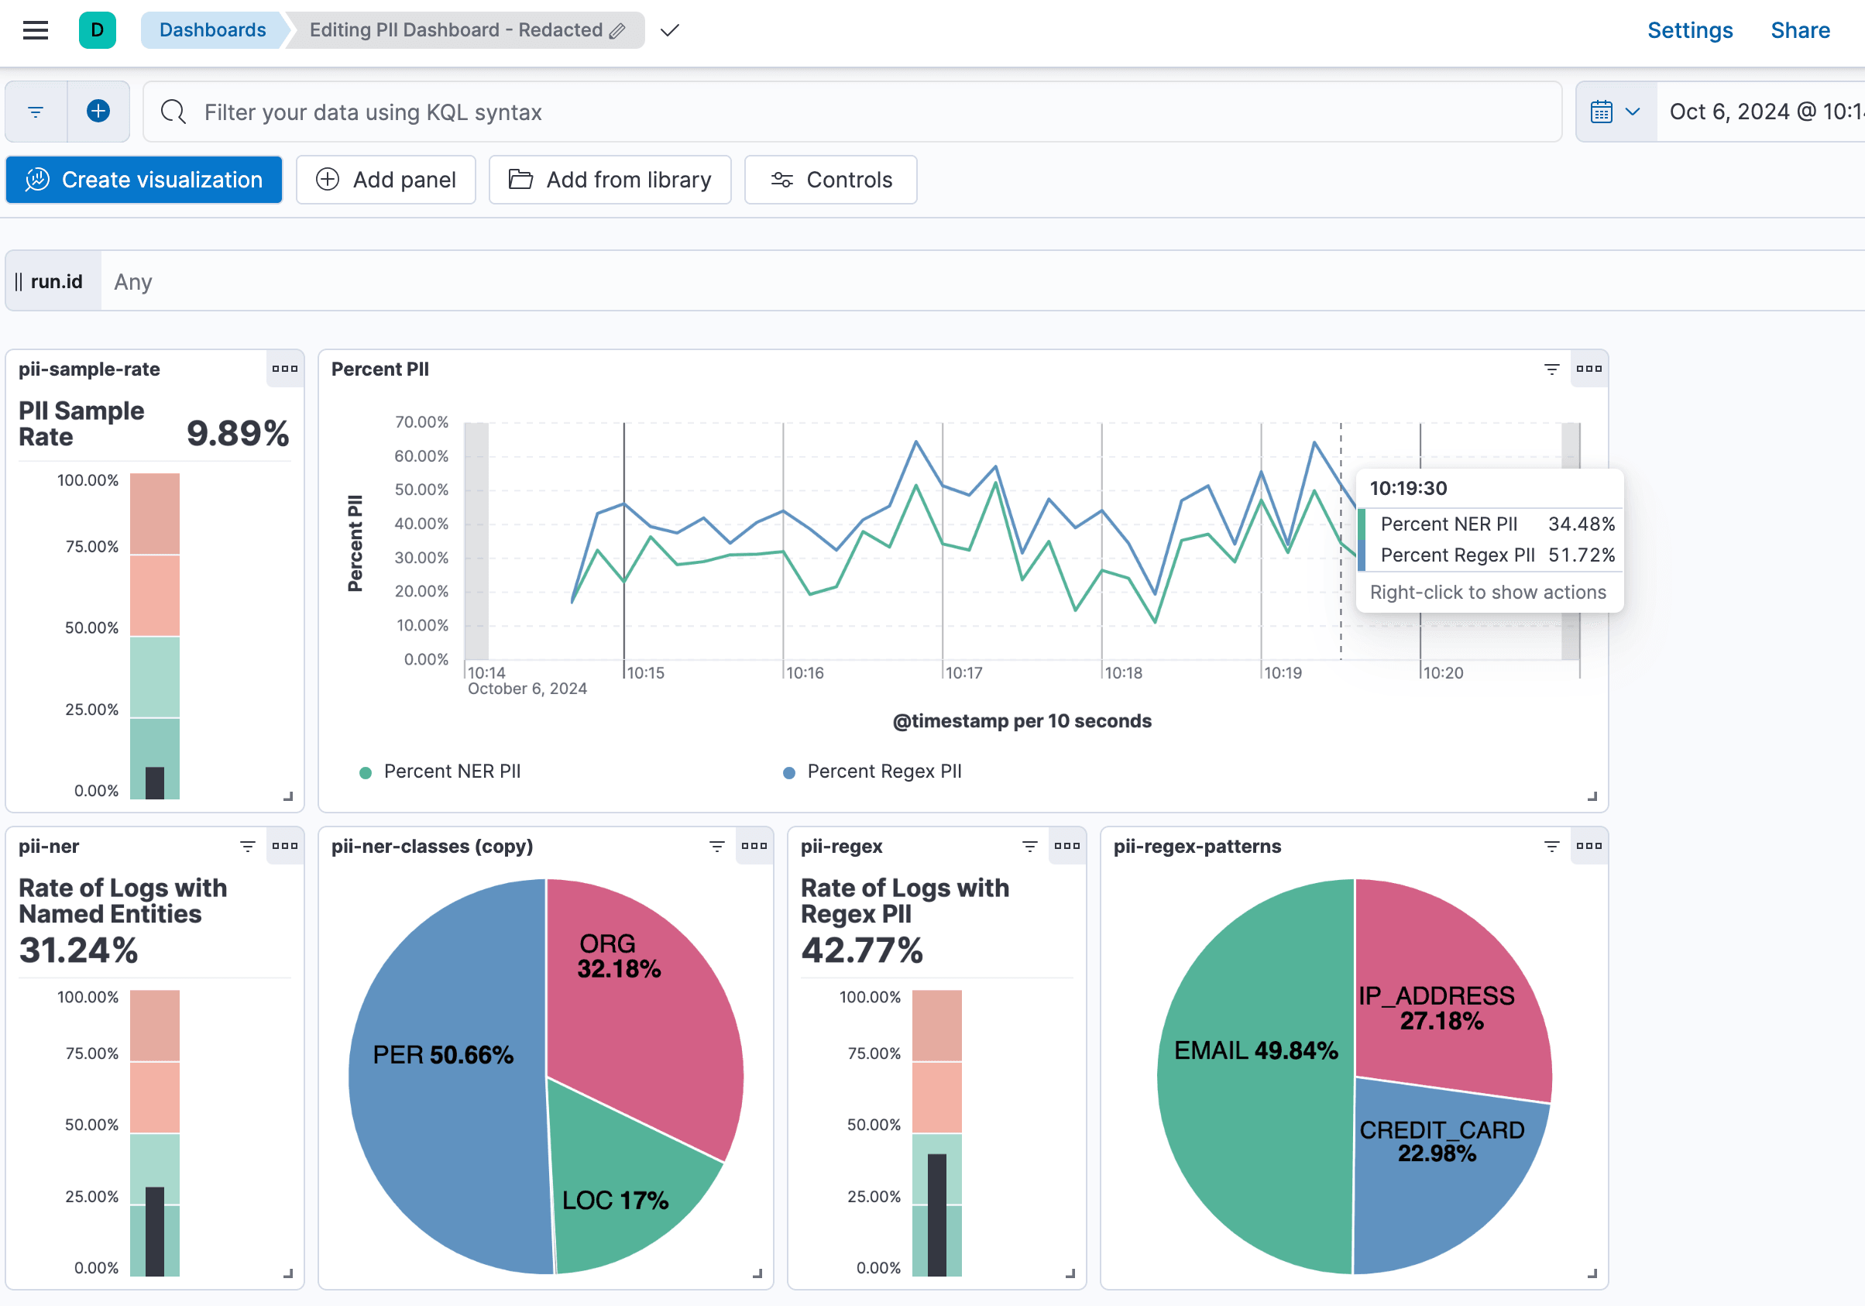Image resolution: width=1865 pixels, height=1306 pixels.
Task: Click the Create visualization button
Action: tap(144, 180)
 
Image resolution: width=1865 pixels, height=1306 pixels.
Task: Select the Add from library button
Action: tap(610, 180)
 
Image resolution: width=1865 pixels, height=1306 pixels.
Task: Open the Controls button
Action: tap(830, 180)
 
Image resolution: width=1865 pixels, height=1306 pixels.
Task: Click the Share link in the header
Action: tap(1799, 30)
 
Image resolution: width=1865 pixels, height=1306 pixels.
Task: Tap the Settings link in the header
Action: tap(1689, 30)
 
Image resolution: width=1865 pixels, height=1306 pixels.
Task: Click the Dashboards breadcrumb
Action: tap(212, 30)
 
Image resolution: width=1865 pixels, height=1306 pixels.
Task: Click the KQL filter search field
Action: tap(853, 112)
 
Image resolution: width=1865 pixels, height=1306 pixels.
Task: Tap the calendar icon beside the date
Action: tap(1601, 112)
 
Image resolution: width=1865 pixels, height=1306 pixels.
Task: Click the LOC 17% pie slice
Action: tap(626, 1194)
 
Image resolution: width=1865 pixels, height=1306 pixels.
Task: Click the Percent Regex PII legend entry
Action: tap(883, 772)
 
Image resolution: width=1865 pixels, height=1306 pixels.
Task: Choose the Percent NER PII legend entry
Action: tap(452, 772)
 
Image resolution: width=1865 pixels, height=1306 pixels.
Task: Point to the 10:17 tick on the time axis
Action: tap(963, 672)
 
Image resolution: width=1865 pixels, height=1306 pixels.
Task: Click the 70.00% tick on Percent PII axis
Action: tap(421, 421)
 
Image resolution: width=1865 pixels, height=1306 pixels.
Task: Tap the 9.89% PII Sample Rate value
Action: tap(237, 433)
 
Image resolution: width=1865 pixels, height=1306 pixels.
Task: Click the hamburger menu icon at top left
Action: tap(36, 30)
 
